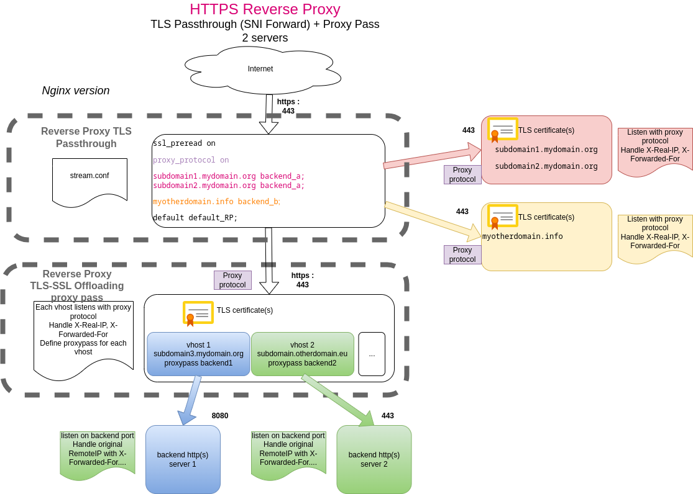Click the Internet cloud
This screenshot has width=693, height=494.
tap(261, 70)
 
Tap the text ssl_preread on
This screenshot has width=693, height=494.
tap(184, 143)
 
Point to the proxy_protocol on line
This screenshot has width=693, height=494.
tap(191, 160)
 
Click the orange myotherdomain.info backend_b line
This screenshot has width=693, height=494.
tap(216, 202)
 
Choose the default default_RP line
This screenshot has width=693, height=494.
tap(195, 218)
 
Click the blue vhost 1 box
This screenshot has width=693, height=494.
tap(198, 354)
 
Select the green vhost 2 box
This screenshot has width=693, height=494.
tap(302, 354)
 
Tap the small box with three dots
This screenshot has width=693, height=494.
tap(372, 354)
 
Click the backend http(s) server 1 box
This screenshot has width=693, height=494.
tap(183, 459)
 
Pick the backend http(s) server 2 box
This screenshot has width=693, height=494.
tap(374, 459)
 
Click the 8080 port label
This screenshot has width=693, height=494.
tap(220, 416)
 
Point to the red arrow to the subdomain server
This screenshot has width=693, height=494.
tap(432, 156)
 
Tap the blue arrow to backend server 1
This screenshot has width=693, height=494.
tap(190, 400)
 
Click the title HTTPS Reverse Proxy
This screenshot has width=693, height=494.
tap(265, 9)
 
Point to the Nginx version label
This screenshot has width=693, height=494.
tap(76, 91)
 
